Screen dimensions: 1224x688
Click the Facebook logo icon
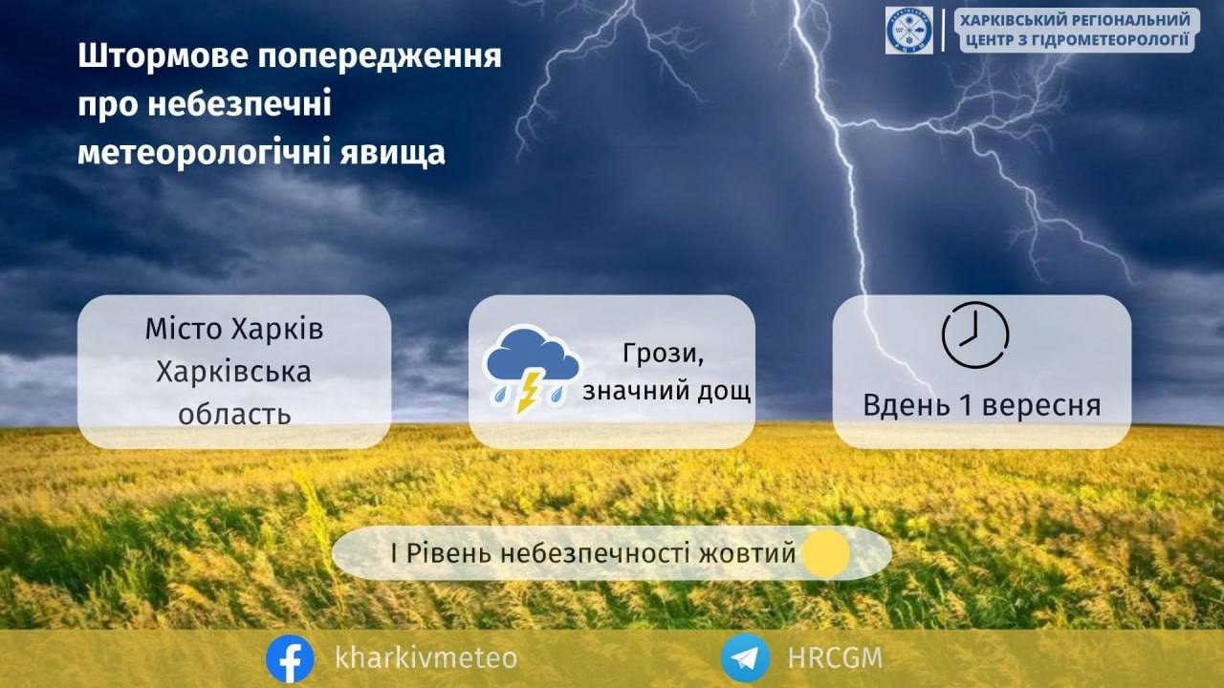pos(290,658)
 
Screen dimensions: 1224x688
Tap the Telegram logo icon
pos(745,657)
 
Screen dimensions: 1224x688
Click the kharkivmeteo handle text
pos(426,657)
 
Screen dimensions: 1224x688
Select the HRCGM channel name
pos(835,657)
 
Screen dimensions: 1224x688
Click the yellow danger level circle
pos(826,553)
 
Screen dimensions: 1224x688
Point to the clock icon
pos(975,334)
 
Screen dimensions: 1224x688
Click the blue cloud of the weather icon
pos(533,355)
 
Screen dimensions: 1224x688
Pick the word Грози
pos(663,354)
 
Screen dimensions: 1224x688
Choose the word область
pos(234,414)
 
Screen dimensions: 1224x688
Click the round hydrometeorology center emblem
pos(909,31)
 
